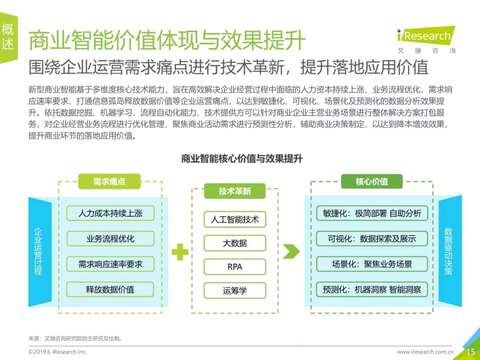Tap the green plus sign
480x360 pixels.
coord(180,252)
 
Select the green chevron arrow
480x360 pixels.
coord(291,252)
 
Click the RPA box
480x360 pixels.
coord(235,267)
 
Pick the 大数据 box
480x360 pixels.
coord(235,243)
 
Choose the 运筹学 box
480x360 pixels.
coord(235,291)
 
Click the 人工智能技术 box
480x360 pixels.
coord(235,219)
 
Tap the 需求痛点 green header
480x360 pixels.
coord(109,181)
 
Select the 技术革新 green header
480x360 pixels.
coord(235,191)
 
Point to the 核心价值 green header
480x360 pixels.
coord(372,181)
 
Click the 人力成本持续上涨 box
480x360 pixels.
coord(110,213)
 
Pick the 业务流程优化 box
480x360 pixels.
coord(110,239)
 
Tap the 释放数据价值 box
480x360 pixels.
coord(110,290)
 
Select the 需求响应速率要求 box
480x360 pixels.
coord(110,264)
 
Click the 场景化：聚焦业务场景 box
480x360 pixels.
coord(372,264)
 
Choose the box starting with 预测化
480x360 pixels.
coord(372,290)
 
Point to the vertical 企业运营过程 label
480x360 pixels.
coord(38,252)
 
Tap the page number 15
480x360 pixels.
coord(470,352)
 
